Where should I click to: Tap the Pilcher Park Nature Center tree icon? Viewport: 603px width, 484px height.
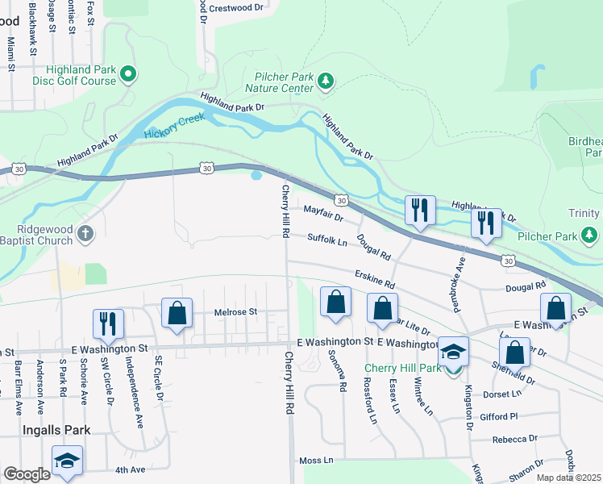pos(326,80)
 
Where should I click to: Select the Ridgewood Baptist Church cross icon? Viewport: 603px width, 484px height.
pos(86,235)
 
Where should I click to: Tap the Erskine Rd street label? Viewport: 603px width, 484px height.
pos(374,280)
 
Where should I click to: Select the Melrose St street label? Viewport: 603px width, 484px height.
pos(235,311)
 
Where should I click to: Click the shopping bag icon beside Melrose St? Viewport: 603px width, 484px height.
pos(177,314)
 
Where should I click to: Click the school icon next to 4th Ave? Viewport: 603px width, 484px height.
pos(67,462)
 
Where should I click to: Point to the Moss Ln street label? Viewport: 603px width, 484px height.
pos(316,460)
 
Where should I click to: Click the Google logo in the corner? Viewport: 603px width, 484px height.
pos(26,474)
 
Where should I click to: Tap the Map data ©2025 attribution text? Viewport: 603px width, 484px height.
pos(568,478)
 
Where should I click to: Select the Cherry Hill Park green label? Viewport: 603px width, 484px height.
pos(402,368)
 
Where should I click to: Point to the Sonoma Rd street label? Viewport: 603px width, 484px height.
pos(343,376)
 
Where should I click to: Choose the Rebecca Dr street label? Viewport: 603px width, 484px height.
pos(516,439)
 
